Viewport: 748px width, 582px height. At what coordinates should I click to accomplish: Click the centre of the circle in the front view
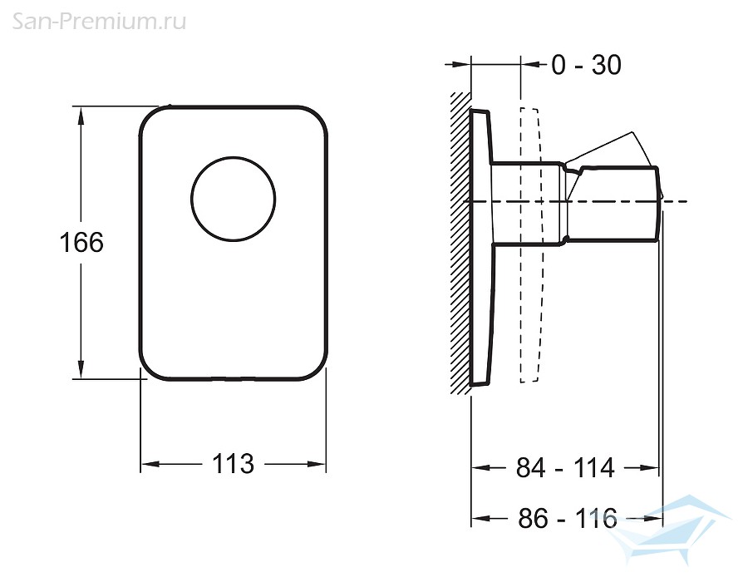click(234, 199)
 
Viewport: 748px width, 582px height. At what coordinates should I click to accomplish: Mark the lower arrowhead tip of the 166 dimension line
click(81, 379)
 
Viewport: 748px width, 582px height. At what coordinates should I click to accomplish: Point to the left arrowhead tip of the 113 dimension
click(141, 464)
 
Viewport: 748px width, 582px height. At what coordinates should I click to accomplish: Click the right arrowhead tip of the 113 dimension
click(326, 464)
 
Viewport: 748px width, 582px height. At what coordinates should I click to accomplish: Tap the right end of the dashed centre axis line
click(687, 201)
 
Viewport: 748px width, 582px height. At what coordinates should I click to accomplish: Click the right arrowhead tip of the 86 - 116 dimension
click(662, 518)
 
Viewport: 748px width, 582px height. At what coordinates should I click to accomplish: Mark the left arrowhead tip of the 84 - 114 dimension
click(472, 467)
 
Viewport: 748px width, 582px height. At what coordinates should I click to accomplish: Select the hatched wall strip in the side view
click(460, 244)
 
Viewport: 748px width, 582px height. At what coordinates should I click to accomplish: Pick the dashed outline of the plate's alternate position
click(531, 244)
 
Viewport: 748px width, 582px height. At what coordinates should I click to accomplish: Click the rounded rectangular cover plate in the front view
click(234, 243)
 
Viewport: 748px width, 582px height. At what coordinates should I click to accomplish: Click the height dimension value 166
click(81, 242)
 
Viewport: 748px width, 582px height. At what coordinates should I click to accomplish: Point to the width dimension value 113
click(233, 464)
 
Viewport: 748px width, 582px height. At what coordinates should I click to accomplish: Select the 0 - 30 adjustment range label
click(586, 65)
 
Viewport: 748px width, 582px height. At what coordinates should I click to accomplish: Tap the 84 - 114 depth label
click(565, 467)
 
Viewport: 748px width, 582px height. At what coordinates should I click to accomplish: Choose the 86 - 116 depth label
click(568, 518)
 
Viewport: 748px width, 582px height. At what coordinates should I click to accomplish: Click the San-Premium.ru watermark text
click(99, 22)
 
